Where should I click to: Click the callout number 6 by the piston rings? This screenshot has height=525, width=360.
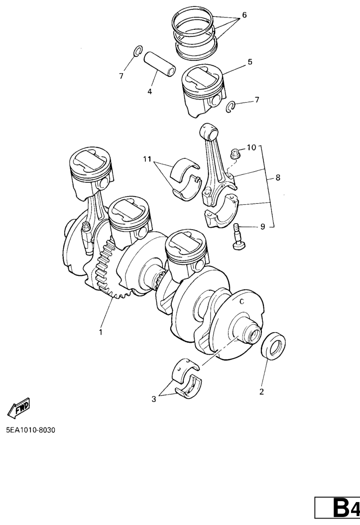pos(244,15)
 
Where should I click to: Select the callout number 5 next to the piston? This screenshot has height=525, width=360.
pos(250,62)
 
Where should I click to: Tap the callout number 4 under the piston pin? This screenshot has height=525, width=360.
pos(149,92)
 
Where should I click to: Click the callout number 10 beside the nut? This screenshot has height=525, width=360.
pos(251,147)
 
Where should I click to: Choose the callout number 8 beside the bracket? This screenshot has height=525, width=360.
pos(278,177)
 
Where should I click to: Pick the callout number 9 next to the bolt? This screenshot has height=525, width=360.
pos(262,227)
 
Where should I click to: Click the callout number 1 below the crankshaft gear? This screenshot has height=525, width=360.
pos(101,332)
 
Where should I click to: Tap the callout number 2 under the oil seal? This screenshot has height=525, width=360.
pos(261,392)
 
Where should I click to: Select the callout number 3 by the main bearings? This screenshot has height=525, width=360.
pos(153,399)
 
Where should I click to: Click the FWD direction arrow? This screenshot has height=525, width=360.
pos(19,408)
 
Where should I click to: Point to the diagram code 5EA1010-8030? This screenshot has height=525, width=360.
pos(30,430)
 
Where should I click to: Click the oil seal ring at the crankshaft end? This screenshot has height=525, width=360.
pos(273,346)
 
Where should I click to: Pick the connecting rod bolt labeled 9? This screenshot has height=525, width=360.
pos(238,237)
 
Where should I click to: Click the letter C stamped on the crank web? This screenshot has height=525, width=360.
pos(242,302)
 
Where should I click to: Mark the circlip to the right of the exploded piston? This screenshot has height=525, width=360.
pos(230,107)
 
